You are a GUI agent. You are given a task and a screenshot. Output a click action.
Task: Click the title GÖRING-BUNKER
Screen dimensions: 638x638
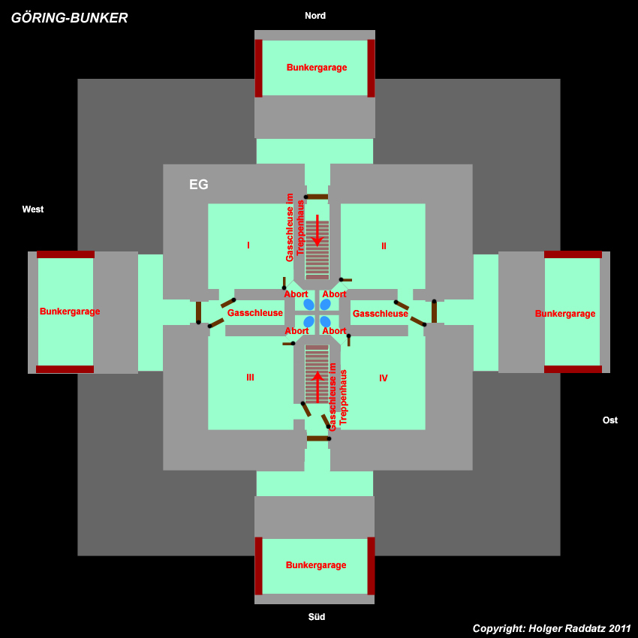point(69,18)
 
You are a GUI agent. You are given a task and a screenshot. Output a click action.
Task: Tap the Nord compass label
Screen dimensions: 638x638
point(315,16)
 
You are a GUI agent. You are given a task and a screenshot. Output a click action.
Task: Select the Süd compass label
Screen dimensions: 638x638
point(317,617)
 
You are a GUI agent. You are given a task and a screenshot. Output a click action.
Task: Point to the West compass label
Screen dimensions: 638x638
point(33,209)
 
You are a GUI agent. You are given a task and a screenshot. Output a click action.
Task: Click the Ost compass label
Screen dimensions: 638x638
point(610,420)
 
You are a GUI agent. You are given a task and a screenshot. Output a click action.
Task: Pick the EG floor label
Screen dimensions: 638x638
point(199,185)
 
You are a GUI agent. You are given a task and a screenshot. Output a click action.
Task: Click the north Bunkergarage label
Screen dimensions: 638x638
point(317,68)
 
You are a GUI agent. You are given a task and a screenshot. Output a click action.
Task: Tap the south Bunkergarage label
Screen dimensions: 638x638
point(316,565)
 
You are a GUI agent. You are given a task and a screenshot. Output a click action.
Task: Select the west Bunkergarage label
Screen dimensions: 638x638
point(70,311)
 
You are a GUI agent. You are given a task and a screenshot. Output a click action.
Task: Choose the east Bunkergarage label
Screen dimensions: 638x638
point(565,314)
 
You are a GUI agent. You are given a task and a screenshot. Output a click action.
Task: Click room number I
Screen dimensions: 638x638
point(248,245)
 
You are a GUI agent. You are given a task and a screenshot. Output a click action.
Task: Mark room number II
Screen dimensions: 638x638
point(384,245)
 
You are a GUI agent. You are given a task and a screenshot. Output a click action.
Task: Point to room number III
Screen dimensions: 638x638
point(250,378)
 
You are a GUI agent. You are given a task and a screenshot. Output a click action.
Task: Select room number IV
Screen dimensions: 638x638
point(384,378)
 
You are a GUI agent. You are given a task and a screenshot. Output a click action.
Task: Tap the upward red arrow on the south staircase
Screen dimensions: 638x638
point(317,385)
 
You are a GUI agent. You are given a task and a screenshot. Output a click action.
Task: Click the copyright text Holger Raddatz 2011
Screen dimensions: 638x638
point(552,628)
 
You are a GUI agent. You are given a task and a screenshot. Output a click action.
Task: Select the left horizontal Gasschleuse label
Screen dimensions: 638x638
point(255,313)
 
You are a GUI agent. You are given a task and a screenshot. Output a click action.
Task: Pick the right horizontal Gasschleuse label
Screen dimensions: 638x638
point(381,314)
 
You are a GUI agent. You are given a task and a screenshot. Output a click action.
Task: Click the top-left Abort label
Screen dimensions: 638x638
point(296,294)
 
